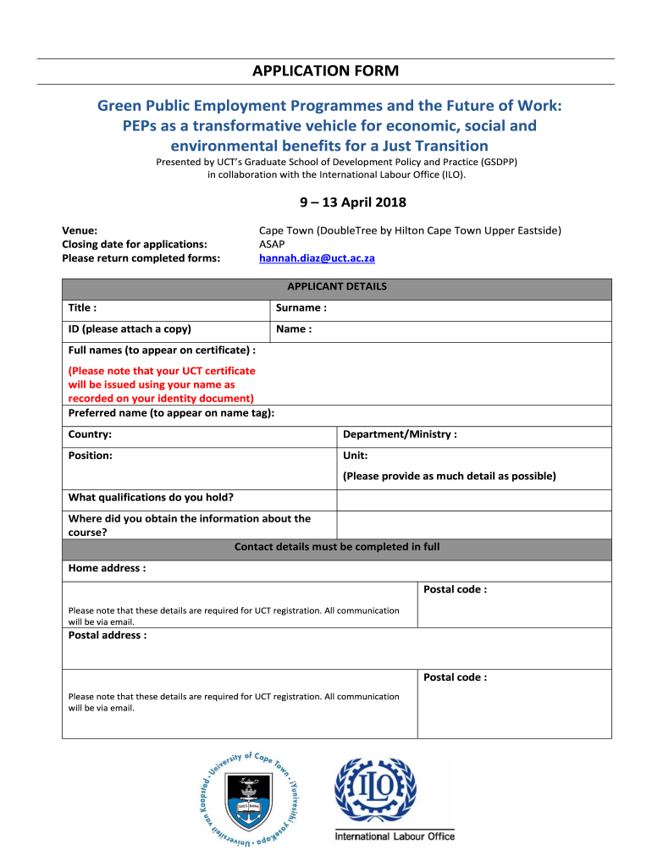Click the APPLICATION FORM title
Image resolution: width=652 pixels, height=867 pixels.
(325, 71)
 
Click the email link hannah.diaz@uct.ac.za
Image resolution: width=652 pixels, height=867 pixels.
(317, 258)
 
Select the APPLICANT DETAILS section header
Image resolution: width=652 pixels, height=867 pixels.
(337, 287)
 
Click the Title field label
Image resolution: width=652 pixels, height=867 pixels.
(82, 308)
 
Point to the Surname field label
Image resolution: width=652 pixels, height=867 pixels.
(301, 308)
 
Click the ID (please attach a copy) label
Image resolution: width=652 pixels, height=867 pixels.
(130, 329)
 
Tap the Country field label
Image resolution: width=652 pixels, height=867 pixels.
(90, 434)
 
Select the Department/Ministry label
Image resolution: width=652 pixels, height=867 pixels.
(400, 434)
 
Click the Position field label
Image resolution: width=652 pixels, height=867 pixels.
(91, 456)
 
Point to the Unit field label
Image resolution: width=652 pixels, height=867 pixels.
(355, 456)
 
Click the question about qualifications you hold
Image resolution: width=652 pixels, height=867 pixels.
(151, 497)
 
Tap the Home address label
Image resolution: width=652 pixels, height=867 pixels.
(107, 568)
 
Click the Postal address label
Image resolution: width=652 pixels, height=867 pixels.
(108, 635)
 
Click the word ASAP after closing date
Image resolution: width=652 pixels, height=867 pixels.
(272, 244)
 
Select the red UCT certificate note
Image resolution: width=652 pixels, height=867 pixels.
(161, 384)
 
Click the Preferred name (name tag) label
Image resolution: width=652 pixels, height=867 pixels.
(171, 413)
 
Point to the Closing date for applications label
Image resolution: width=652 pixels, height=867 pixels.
(135, 244)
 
